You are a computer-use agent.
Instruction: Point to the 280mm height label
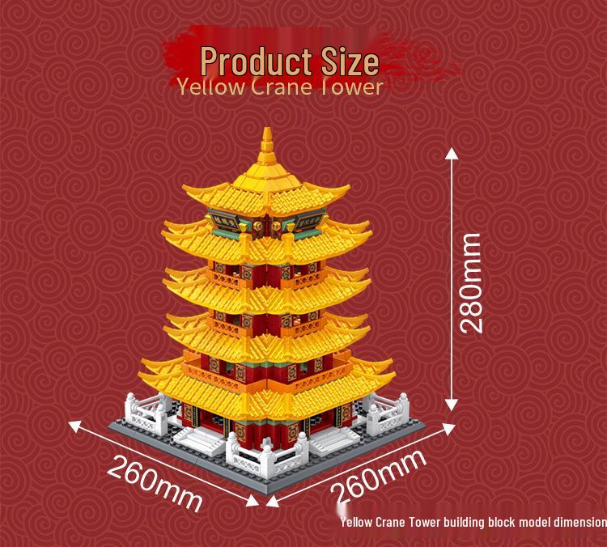click(470, 282)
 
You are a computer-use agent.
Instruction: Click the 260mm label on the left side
click(155, 482)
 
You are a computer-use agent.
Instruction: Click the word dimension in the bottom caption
click(575, 522)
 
